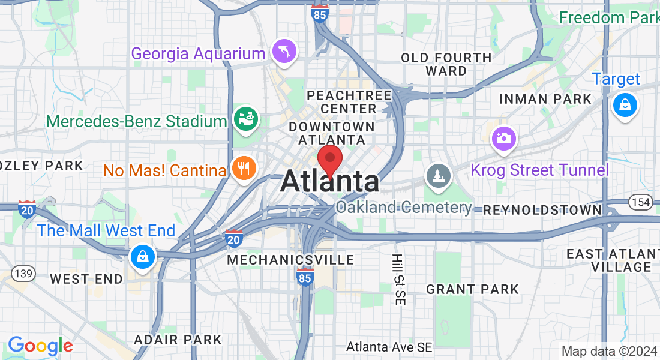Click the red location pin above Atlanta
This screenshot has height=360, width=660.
click(x=329, y=160)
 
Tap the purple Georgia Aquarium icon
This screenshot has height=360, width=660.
click(x=284, y=51)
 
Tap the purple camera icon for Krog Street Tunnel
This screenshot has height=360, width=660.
click(x=503, y=138)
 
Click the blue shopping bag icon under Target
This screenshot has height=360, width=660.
click(x=625, y=106)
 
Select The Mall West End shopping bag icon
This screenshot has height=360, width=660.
click(x=143, y=257)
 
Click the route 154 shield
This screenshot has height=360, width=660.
click(x=641, y=202)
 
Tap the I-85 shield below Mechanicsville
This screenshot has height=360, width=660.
click(x=305, y=277)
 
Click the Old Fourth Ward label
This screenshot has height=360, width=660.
click(x=446, y=64)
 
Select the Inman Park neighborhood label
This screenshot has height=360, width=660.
click(x=545, y=99)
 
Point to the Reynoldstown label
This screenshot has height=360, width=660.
click(x=542, y=210)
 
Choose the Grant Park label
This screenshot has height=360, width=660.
click(x=472, y=289)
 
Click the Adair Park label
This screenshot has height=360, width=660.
click(x=178, y=340)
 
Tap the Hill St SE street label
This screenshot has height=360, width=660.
click(x=397, y=280)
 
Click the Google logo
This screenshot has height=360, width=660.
click(x=40, y=346)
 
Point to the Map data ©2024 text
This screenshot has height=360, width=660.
click(x=608, y=351)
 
